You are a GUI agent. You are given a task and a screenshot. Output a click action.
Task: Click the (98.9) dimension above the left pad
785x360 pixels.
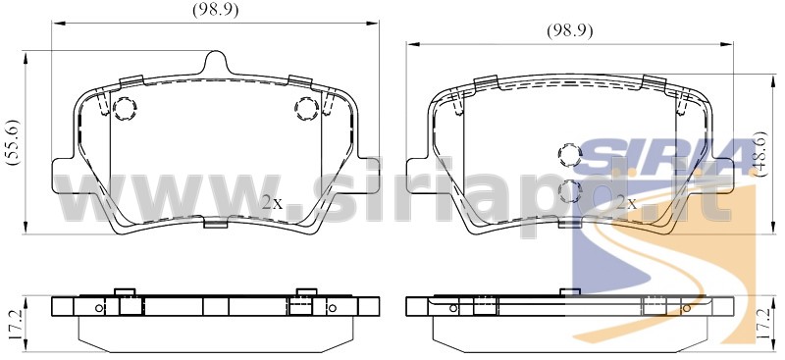(215, 10)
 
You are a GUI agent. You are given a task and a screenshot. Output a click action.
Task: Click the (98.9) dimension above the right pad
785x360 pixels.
(570, 31)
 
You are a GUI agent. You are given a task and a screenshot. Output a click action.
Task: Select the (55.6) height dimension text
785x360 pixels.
(13, 142)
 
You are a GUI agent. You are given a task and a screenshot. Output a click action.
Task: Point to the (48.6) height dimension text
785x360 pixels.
(760, 154)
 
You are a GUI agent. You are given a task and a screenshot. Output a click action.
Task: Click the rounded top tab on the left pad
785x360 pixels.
(216, 62)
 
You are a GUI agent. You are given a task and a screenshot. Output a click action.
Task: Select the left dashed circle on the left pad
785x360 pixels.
(125, 108)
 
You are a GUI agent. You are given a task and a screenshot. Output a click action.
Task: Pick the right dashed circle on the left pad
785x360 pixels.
(307, 108)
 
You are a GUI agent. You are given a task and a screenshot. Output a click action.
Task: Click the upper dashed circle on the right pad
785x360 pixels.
(570, 155)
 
